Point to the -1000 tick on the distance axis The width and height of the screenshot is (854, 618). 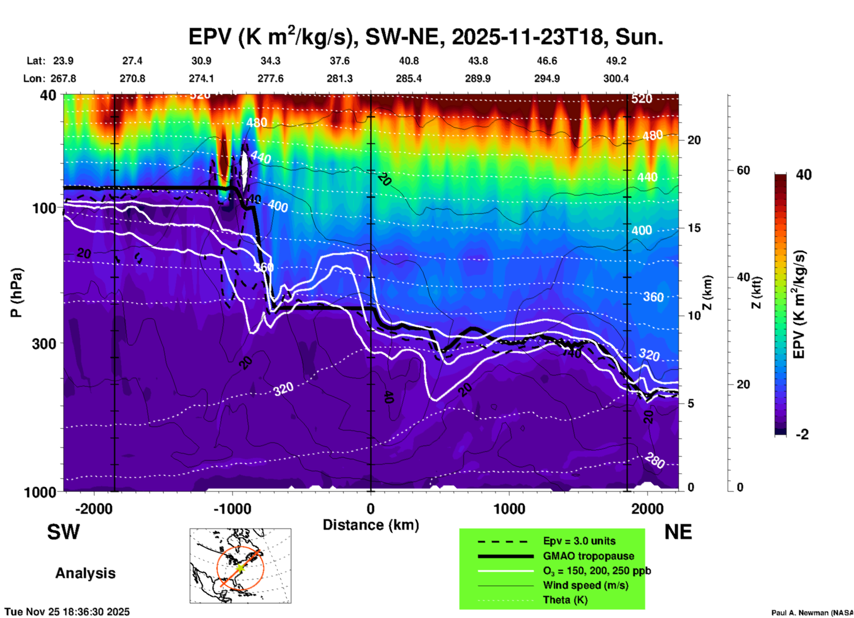(x=232, y=508)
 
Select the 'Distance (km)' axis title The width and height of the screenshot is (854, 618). (x=371, y=525)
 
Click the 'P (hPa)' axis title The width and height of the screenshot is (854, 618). (x=16, y=293)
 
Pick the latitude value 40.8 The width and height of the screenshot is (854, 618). (x=408, y=61)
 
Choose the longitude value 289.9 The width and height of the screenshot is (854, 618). (x=478, y=78)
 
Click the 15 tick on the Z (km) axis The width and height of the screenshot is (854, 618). (x=693, y=228)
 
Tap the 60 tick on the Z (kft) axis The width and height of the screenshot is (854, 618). (x=743, y=170)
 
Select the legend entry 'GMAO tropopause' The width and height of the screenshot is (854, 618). (x=588, y=556)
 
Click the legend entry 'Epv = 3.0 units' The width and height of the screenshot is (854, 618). (x=579, y=541)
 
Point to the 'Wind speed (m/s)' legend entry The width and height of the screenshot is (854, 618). (x=585, y=585)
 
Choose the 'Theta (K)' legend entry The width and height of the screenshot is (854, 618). (x=565, y=600)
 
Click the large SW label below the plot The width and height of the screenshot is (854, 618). (x=63, y=532)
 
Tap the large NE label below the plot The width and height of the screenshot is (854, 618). (x=678, y=532)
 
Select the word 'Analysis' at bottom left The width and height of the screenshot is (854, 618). (x=85, y=573)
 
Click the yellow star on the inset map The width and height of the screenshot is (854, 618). (x=240, y=567)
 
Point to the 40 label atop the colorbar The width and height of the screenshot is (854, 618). (x=803, y=175)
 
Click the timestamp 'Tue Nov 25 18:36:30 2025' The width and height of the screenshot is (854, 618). (x=67, y=612)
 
